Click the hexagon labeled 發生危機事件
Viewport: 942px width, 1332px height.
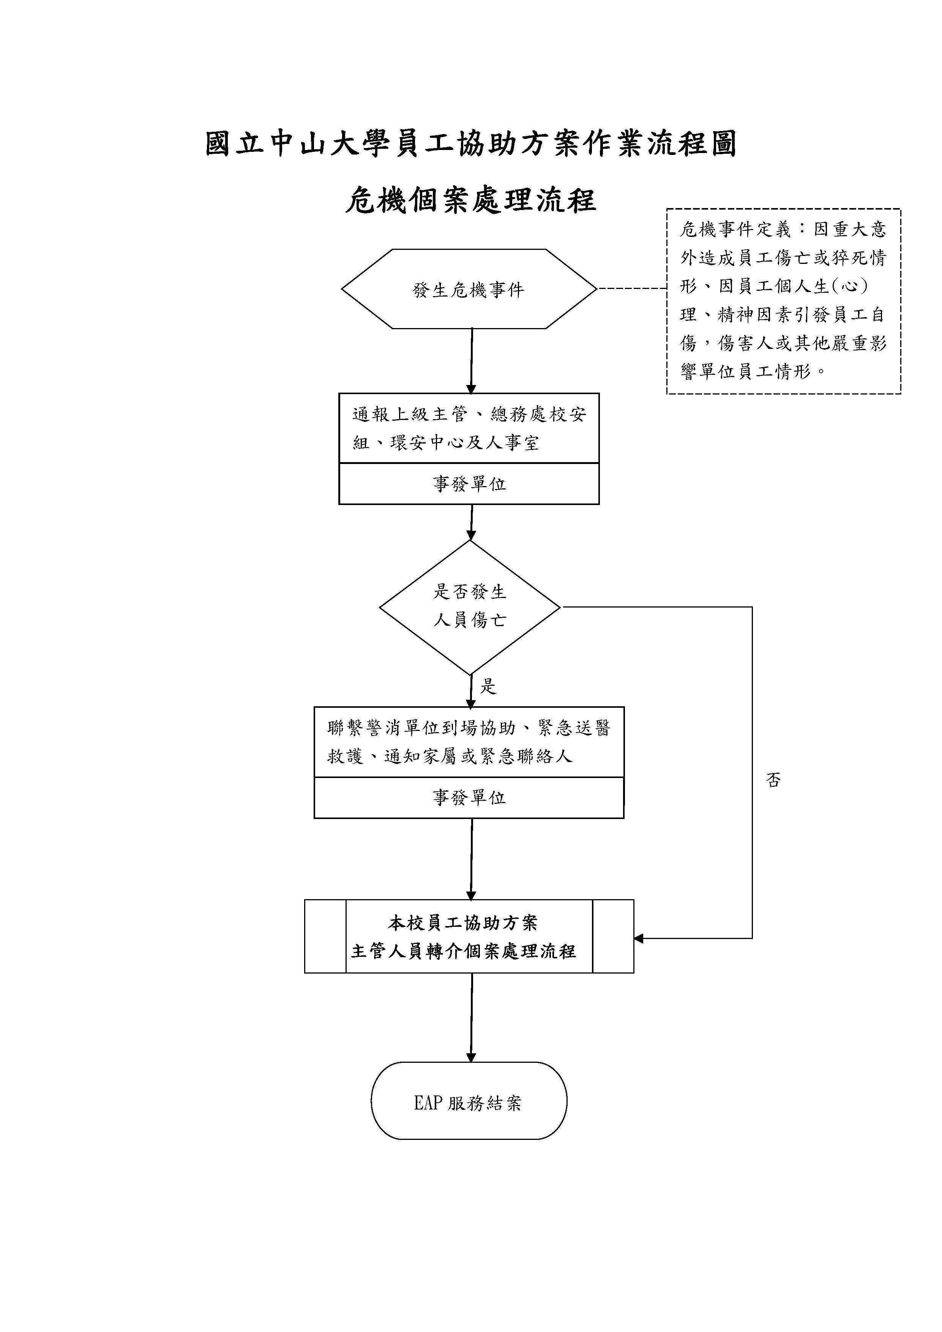pos(469,289)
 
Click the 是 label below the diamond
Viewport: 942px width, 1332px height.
pos(488,686)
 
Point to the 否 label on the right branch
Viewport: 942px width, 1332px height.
pos(773,780)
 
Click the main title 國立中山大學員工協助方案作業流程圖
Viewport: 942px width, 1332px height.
pos(471,144)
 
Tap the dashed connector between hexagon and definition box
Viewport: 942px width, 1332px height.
pos(632,288)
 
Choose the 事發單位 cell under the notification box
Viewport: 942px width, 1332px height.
pos(469,484)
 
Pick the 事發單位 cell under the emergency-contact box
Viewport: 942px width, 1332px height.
pos(469,798)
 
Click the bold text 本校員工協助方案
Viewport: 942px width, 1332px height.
pos(463,922)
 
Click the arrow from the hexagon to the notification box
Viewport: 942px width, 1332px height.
pos(472,360)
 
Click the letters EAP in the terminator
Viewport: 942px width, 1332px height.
pos(428,1103)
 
